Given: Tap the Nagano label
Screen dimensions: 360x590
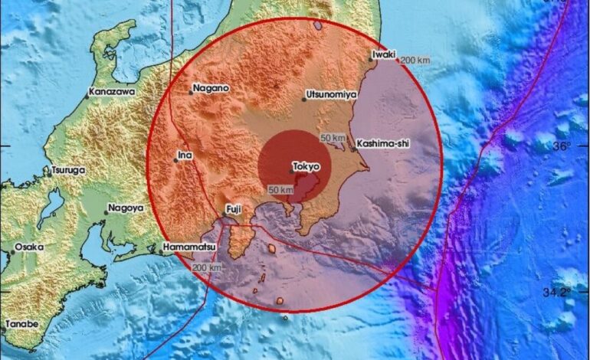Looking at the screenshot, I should (211, 88).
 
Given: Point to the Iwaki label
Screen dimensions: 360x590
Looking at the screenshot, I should (382, 54).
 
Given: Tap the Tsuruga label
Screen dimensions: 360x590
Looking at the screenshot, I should (67, 170).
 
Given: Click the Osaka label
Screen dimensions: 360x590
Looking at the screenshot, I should (29, 247).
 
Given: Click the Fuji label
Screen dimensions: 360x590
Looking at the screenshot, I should (233, 208).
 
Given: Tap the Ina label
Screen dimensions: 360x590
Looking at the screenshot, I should (184, 155).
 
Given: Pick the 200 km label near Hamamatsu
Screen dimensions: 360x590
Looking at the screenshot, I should (207, 267).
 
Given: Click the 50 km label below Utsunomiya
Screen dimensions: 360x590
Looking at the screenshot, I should (333, 137).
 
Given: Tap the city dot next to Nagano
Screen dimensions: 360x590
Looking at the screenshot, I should (190, 93).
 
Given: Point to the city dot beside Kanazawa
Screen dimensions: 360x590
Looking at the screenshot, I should (87, 97).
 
